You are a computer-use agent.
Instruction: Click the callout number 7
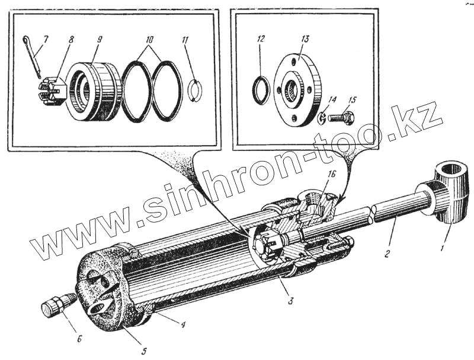click(x=46, y=38)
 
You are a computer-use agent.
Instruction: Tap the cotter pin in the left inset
click(x=34, y=56)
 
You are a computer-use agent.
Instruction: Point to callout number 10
click(x=150, y=39)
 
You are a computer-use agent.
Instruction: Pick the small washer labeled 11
click(x=195, y=91)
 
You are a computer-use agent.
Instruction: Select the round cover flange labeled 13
click(x=297, y=92)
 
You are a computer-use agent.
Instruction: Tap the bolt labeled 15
click(x=341, y=118)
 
